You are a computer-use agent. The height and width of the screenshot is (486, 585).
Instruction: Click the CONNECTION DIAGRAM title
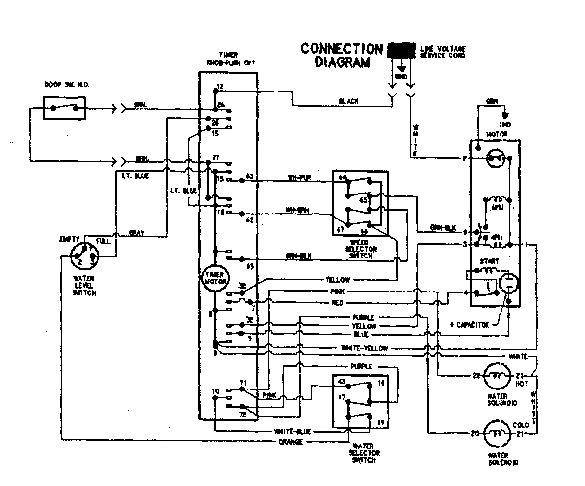(341, 56)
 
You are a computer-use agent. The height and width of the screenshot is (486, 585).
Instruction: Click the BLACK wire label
(349, 101)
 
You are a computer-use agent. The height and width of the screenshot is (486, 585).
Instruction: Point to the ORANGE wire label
(291, 442)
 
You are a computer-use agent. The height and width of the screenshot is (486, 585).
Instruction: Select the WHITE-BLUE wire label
(291, 432)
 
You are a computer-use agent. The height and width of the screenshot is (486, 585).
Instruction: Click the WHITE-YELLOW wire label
(365, 348)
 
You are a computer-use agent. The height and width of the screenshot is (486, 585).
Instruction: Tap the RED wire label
(337, 303)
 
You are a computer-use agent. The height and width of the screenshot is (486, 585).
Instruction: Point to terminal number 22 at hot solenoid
(476, 376)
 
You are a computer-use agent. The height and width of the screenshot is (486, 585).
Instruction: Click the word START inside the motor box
(488, 261)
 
